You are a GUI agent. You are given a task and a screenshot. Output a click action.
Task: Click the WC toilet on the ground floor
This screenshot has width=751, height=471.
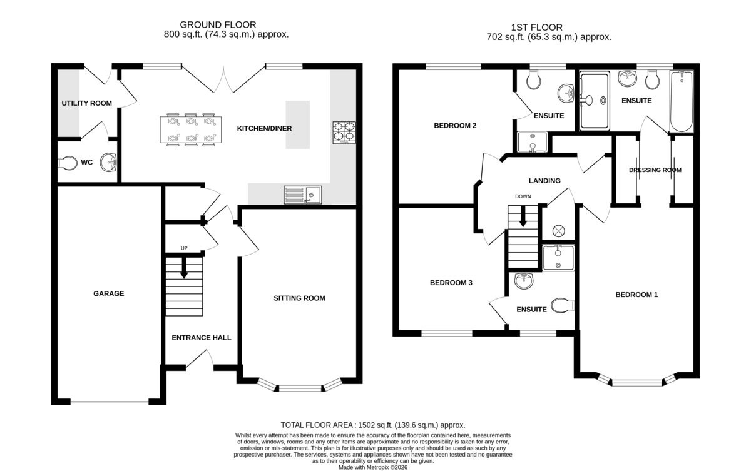tap(68, 163)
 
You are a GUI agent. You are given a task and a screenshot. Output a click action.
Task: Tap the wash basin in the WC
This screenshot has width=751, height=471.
tap(108, 163)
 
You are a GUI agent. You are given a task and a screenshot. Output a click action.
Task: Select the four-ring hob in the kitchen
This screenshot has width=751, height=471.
tap(344, 133)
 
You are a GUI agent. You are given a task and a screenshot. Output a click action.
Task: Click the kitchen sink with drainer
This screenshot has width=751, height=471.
tap(303, 195)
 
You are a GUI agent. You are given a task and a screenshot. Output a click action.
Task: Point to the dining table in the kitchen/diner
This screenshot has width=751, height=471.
tap(190, 129)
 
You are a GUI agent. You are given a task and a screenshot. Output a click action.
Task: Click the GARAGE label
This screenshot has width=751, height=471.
tap(109, 294)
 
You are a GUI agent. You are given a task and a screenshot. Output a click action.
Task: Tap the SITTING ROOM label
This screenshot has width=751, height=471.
tap(299, 298)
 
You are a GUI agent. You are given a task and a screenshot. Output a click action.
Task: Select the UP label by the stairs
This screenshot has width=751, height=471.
tap(184, 248)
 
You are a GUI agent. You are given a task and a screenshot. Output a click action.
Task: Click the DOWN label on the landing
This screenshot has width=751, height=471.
tap(523, 196)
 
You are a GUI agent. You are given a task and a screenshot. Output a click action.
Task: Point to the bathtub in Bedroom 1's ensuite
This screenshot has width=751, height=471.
tap(682, 101)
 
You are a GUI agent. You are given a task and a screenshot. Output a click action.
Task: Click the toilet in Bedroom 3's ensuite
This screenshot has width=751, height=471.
tap(563, 305)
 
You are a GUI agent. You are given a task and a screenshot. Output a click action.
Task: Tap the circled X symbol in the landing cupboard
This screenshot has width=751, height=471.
tap(558, 231)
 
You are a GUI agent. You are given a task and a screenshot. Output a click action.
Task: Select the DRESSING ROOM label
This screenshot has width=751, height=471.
tap(655, 170)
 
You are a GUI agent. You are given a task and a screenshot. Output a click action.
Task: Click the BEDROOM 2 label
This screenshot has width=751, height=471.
tap(455, 126)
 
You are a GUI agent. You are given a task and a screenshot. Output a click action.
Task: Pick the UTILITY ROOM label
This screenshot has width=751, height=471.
tap(87, 103)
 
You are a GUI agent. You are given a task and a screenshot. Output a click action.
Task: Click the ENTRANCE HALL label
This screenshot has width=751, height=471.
tap(202, 338)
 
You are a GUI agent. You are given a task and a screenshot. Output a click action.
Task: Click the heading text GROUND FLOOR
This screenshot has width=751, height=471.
tap(218, 24)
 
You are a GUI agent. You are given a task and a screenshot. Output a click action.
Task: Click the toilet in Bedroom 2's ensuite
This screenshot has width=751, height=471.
tap(533, 79)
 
